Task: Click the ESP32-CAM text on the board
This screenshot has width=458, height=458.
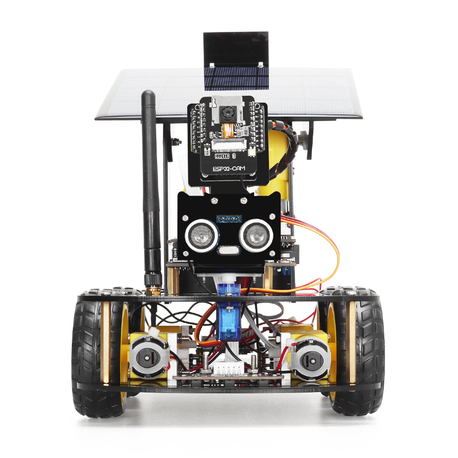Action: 229,169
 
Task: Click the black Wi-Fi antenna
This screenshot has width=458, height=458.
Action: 150,183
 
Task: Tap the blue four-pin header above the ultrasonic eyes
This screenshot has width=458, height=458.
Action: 228,219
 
